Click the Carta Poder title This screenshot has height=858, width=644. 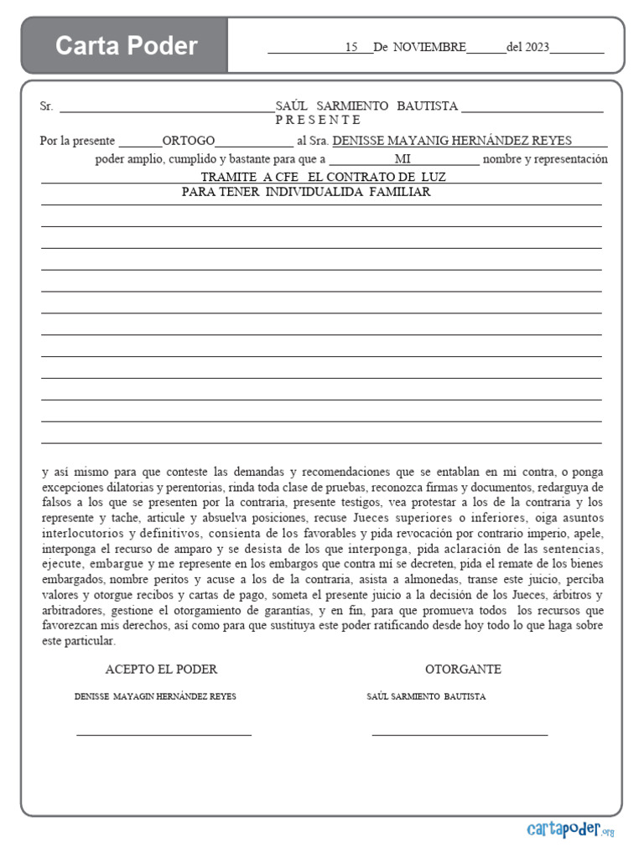pyautogui.click(x=127, y=45)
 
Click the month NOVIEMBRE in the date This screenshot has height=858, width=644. pyautogui.click(x=429, y=48)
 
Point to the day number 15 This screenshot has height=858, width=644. pyautogui.click(x=351, y=48)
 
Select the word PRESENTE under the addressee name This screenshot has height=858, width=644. pyautogui.click(x=318, y=120)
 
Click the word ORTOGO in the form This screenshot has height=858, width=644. pyautogui.click(x=189, y=141)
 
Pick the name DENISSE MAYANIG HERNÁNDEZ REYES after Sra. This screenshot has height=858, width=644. pyautogui.click(x=452, y=141)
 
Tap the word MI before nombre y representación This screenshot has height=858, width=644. pyautogui.click(x=402, y=159)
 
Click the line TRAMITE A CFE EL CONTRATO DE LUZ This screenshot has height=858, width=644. pyautogui.click(x=324, y=177)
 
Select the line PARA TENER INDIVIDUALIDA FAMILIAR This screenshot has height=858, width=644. pyautogui.click(x=306, y=192)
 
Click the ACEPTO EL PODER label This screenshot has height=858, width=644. pyautogui.click(x=161, y=669)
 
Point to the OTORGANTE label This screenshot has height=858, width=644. pyautogui.click(x=463, y=669)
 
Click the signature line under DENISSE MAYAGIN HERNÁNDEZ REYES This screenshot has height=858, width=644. pyautogui.click(x=164, y=735)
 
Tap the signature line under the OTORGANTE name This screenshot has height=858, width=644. pyautogui.click(x=460, y=735)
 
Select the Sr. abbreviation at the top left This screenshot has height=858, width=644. pyautogui.click(x=47, y=106)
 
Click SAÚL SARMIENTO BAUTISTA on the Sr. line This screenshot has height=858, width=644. pyautogui.click(x=366, y=106)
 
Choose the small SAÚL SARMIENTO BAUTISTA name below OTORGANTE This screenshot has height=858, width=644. pyautogui.click(x=426, y=697)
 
